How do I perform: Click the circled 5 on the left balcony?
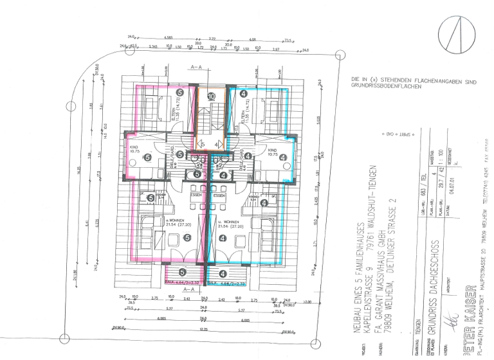point(183,272)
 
